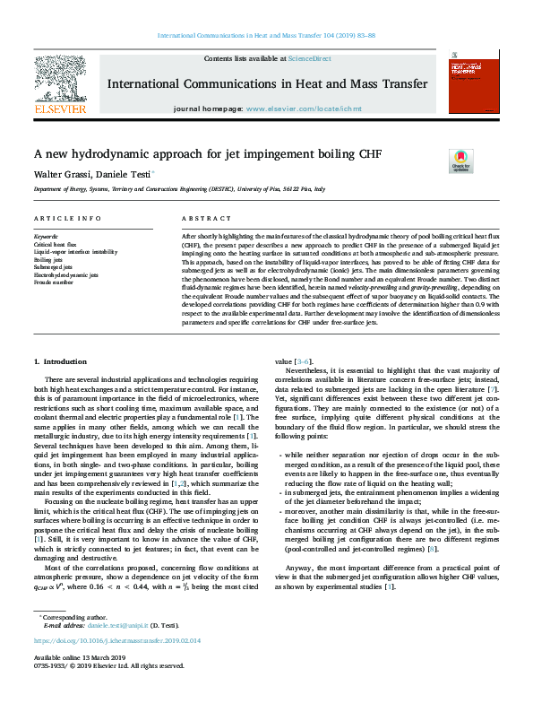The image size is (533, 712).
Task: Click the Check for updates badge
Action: coord(462,161)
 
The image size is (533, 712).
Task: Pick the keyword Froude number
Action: coord(53,281)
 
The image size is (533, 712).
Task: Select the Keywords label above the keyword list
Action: coord(47,237)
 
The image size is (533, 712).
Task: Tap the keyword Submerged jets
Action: coord(56,265)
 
